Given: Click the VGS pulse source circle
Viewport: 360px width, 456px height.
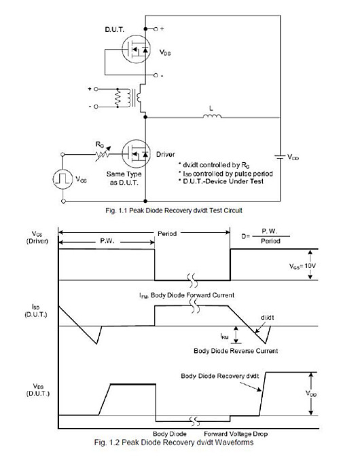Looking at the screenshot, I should point(63,180).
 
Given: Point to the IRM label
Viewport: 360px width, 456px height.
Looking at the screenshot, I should point(224,335).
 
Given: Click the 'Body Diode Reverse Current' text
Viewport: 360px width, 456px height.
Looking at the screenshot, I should point(236,351).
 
